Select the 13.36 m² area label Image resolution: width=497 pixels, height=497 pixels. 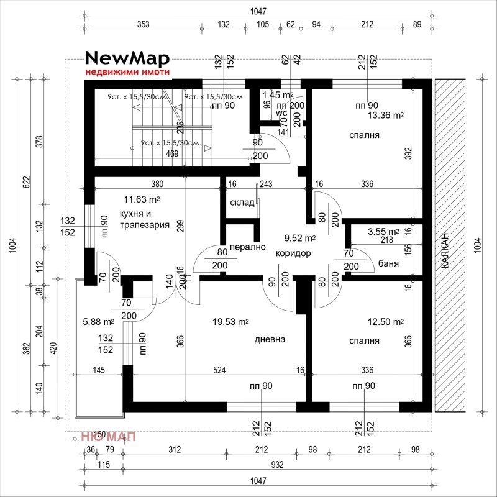[385, 116]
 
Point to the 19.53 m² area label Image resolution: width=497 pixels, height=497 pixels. [230, 322]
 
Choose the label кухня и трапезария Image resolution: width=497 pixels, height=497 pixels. [145, 219]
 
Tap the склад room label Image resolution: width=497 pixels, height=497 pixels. [242, 203]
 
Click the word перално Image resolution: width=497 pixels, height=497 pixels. [248, 247]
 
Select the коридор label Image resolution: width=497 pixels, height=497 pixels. [293, 253]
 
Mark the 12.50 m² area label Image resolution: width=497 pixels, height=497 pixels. [385, 322]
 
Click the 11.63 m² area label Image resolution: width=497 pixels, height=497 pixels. [142, 199]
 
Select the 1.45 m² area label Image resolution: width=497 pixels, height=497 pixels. [278, 95]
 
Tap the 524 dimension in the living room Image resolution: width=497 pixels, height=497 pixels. [219, 370]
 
